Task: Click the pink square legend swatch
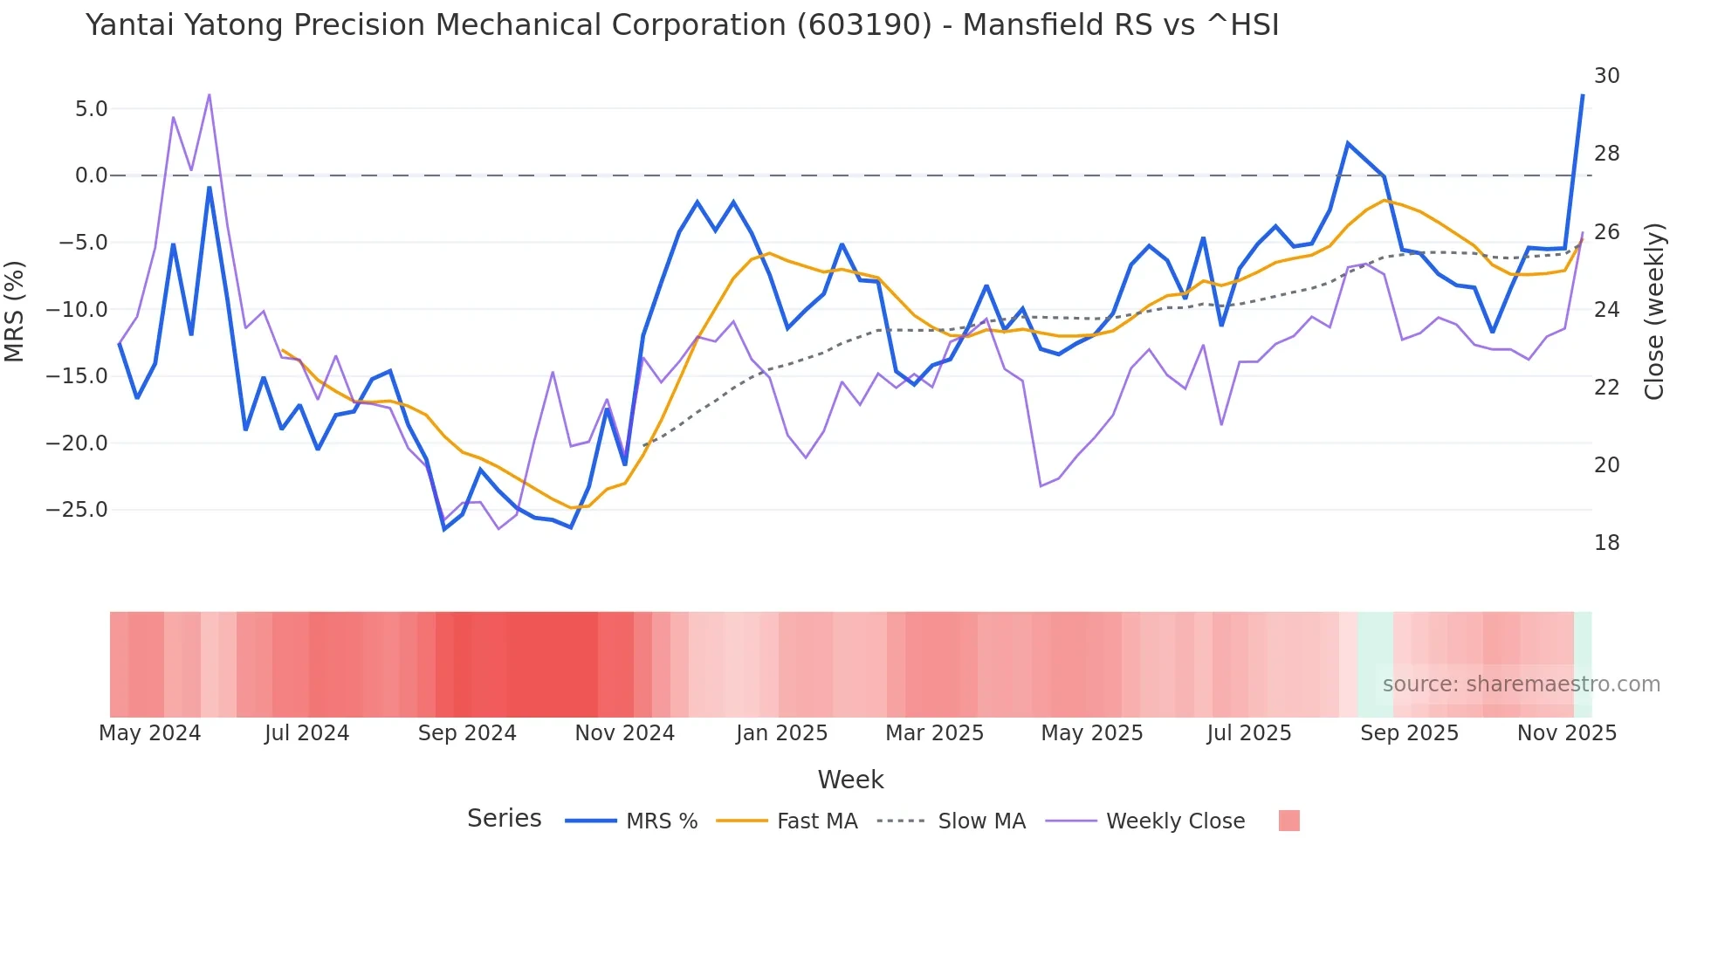coord(1288,821)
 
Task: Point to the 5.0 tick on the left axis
coord(91,109)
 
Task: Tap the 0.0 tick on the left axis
coord(91,175)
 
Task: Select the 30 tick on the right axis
coord(1606,76)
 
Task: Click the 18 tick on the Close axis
coord(1606,543)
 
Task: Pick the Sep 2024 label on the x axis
coord(467,733)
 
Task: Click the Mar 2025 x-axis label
coord(934,733)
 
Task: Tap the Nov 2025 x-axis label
coord(1566,733)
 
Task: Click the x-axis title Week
coord(850,780)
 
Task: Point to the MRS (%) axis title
coord(15,311)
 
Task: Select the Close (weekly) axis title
coord(1654,311)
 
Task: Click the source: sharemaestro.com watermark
coord(1521,684)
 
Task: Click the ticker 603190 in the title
coord(864,25)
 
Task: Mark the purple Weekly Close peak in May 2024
coord(210,94)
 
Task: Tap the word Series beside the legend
coord(504,819)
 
